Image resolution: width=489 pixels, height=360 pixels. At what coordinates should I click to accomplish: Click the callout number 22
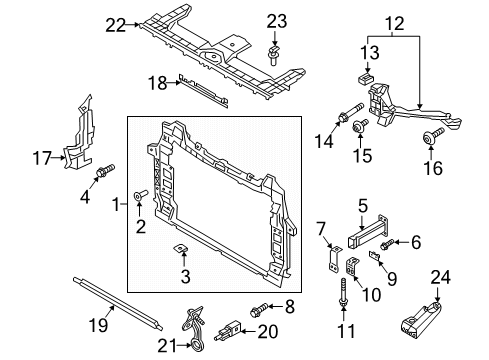click(x=116, y=25)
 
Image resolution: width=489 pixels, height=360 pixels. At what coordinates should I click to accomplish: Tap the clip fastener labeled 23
click(x=273, y=57)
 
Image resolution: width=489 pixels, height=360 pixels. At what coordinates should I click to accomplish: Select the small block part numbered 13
click(x=366, y=79)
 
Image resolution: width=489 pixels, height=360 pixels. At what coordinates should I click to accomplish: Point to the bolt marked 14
click(x=351, y=112)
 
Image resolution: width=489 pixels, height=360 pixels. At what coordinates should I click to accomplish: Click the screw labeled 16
click(x=433, y=135)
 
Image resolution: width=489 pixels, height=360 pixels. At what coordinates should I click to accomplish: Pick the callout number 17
click(x=42, y=158)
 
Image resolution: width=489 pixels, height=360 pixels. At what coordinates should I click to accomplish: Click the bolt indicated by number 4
click(x=105, y=170)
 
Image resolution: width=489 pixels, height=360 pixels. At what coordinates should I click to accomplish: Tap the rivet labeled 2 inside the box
click(x=140, y=194)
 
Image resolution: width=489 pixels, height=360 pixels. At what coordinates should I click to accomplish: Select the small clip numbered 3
click(x=181, y=249)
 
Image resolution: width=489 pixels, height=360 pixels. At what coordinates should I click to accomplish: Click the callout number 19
click(x=99, y=324)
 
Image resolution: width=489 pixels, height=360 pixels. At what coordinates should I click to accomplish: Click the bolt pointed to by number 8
click(x=259, y=310)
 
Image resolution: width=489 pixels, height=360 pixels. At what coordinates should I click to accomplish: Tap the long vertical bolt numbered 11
click(x=343, y=291)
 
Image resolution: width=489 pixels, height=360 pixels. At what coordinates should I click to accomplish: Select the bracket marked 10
click(x=352, y=266)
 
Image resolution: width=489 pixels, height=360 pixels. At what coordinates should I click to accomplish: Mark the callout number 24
click(x=441, y=277)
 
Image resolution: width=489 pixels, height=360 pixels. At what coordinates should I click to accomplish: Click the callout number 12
click(x=395, y=24)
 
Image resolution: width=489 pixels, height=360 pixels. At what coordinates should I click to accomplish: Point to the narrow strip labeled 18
click(x=203, y=91)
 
